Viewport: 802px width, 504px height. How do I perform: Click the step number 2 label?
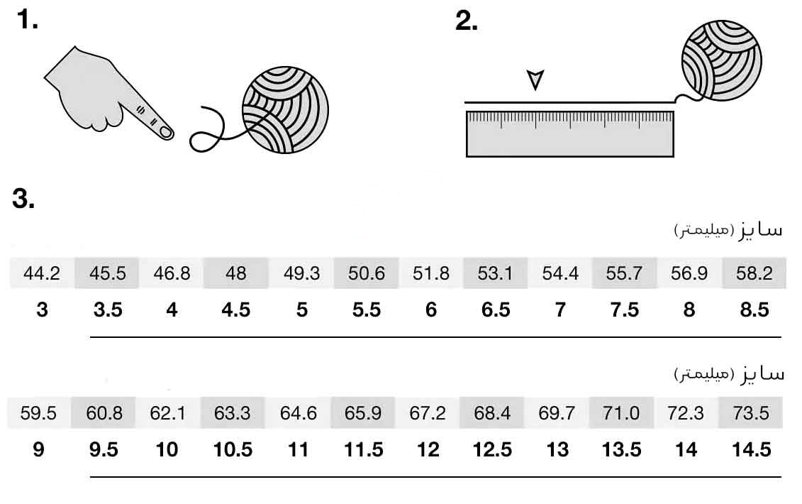tap(466, 21)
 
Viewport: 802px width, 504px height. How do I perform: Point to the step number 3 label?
tap(23, 199)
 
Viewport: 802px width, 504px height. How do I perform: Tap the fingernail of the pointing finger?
tap(165, 132)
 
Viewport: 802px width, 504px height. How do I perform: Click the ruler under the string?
tap(569, 134)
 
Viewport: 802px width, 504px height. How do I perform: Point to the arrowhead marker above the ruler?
tap(535, 80)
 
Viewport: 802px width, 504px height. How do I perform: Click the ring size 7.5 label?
tap(624, 310)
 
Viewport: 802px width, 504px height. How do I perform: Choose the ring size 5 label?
tap(301, 310)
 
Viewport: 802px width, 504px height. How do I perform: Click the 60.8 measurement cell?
tap(104, 413)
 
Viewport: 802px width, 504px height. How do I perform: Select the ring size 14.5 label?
tap(751, 450)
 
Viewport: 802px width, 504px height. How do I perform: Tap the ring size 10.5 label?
tap(233, 450)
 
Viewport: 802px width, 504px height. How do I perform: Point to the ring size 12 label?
tap(428, 450)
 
